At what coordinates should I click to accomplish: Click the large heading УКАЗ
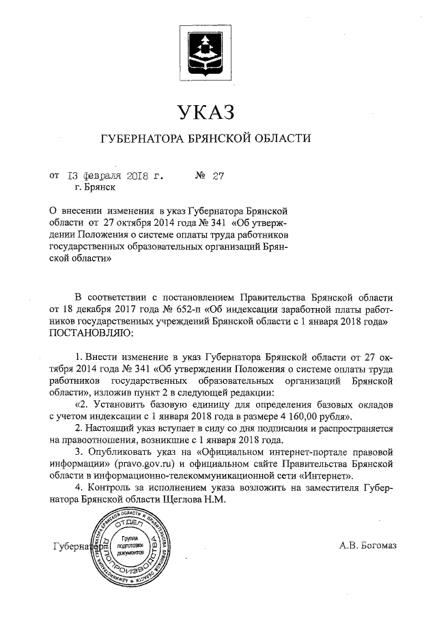(x=206, y=111)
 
